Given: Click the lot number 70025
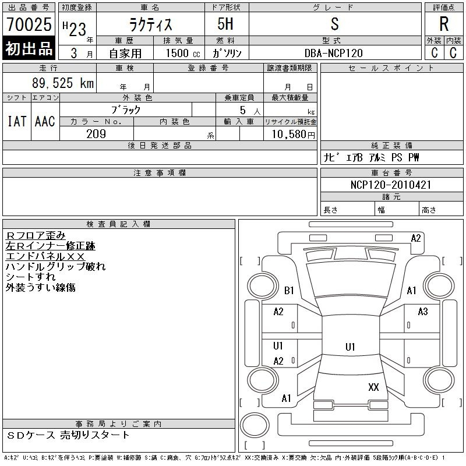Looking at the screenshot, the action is [29, 24].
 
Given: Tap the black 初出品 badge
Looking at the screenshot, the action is [29, 48].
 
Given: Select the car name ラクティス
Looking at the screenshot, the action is [151, 24].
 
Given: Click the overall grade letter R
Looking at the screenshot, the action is [444, 24].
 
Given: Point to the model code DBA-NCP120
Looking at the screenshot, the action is [334, 53].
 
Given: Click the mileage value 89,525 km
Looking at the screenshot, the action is [63, 83].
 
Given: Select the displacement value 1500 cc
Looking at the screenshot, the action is [183, 53].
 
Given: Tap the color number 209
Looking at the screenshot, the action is [96, 134].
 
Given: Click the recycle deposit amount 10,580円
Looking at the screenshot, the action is [293, 135].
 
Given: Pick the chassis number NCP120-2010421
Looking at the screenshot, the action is [391, 185].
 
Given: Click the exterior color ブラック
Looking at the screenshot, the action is [126, 110].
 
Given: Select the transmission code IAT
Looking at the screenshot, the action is [17, 121].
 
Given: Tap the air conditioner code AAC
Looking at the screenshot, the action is [45, 121].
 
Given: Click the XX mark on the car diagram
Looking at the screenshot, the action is [373, 387].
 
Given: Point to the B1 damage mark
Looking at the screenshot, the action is [289, 290].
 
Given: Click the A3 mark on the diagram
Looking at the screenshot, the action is [423, 312].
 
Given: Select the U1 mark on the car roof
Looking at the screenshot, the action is [350, 347].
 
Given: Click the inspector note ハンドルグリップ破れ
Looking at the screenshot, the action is [55, 267].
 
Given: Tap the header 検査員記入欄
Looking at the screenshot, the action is [118, 224].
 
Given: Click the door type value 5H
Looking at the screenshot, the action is [225, 24].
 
